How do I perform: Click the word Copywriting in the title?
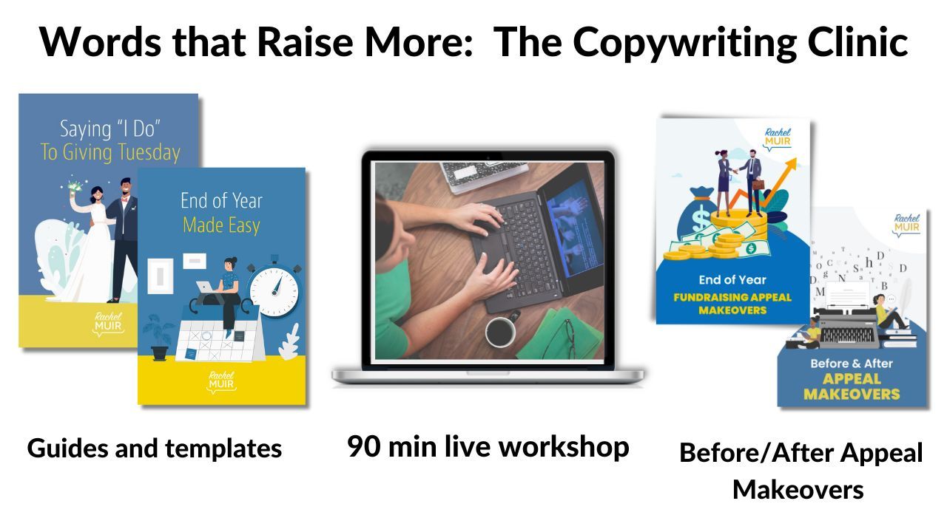pos(684,43)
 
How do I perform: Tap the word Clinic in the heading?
pos(857,41)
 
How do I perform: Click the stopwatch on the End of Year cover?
pos(274,289)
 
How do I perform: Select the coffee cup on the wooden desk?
pos(501,332)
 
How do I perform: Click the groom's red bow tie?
pos(125,199)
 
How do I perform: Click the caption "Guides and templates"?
pos(155,449)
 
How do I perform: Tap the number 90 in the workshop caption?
pos(365,446)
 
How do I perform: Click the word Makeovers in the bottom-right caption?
pos(798,490)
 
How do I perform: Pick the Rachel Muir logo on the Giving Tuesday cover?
pos(108,324)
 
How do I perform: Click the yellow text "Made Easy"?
pos(221,225)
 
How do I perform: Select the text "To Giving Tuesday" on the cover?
pos(110,152)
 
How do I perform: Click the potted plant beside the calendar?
pos(158,337)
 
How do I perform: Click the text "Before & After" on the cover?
pos(852,364)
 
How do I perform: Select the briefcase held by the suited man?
pos(758,185)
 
